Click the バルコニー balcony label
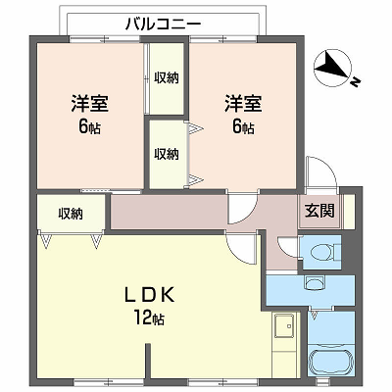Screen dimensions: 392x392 click(x=163, y=24)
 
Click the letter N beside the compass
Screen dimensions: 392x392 click(x=355, y=82)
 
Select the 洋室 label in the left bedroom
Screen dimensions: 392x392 click(x=90, y=103)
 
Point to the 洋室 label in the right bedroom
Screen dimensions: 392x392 click(x=243, y=103)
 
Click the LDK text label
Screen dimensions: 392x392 click(x=149, y=295)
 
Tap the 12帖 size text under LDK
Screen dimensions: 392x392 click(x=149, y=318)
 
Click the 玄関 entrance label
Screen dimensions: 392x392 click(x=319, y=211)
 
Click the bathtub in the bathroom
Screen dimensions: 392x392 click(x=331, y=362)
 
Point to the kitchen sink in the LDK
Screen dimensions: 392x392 click(x=284, y=326)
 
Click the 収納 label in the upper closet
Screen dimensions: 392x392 click(x=167, y=77)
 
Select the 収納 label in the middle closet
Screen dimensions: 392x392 click(x=167, y=154)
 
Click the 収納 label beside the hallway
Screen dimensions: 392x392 click(x=71, y=214)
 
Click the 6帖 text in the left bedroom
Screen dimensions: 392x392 click(x=89, y=127)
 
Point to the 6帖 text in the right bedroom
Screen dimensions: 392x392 click(x=243, y=127)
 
